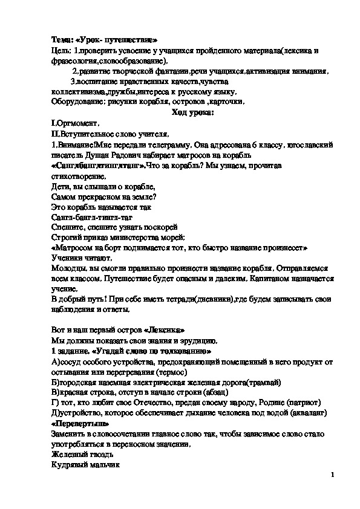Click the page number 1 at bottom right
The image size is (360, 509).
333,475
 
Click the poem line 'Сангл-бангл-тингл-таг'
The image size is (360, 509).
91,216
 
